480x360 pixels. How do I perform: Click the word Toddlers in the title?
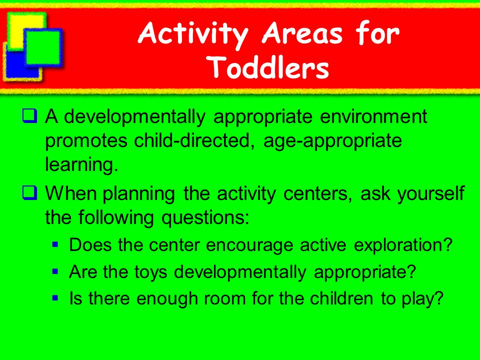pos(269,67)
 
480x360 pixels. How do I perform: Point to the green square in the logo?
pos(43,47)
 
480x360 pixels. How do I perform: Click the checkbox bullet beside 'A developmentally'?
pos(29,116)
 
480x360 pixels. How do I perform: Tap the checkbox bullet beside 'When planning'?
pos(29,193)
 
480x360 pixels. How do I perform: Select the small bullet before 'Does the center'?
pos(55,244)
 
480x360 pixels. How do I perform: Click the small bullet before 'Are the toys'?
pos(55,271)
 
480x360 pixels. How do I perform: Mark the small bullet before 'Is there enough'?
pos(55,298)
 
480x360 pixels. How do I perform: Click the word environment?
pos(373,116)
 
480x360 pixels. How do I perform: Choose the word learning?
pos(81,164)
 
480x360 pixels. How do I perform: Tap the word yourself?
pos(431,193)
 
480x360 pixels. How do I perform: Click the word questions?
pos(205,218)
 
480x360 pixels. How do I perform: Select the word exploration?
pos(403,245)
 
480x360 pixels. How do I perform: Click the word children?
pos(341,298)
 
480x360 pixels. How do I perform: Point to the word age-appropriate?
pos(333,141)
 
